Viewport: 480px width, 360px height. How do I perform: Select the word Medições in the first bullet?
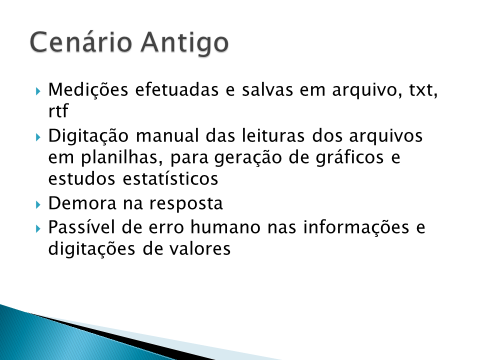[88, 90]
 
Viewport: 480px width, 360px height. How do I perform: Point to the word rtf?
[58, 110]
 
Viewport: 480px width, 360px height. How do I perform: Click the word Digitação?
[88, 136]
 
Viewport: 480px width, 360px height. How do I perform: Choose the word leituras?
[273, 135]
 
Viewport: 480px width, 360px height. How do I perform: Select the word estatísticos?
[170, 178]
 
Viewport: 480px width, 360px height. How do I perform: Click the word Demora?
[82, 203]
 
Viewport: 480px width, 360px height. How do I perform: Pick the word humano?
[225, 227]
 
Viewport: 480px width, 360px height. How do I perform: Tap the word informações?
[356, 228]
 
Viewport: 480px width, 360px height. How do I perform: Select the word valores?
[199, 248]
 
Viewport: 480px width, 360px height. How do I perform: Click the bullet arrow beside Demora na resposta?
[38, 204]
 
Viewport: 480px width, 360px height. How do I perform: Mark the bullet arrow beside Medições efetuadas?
[38, 91]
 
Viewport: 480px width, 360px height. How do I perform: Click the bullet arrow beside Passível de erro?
[38, 228]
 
